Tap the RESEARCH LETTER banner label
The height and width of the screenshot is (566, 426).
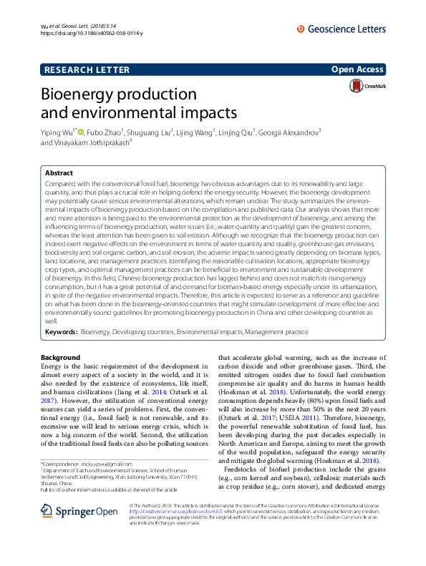(x=87, y=69)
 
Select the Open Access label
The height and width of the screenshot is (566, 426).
(x=358, y=69)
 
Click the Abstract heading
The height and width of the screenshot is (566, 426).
(x=59, y=173)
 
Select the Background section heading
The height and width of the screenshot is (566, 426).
(x=61, y=357)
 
